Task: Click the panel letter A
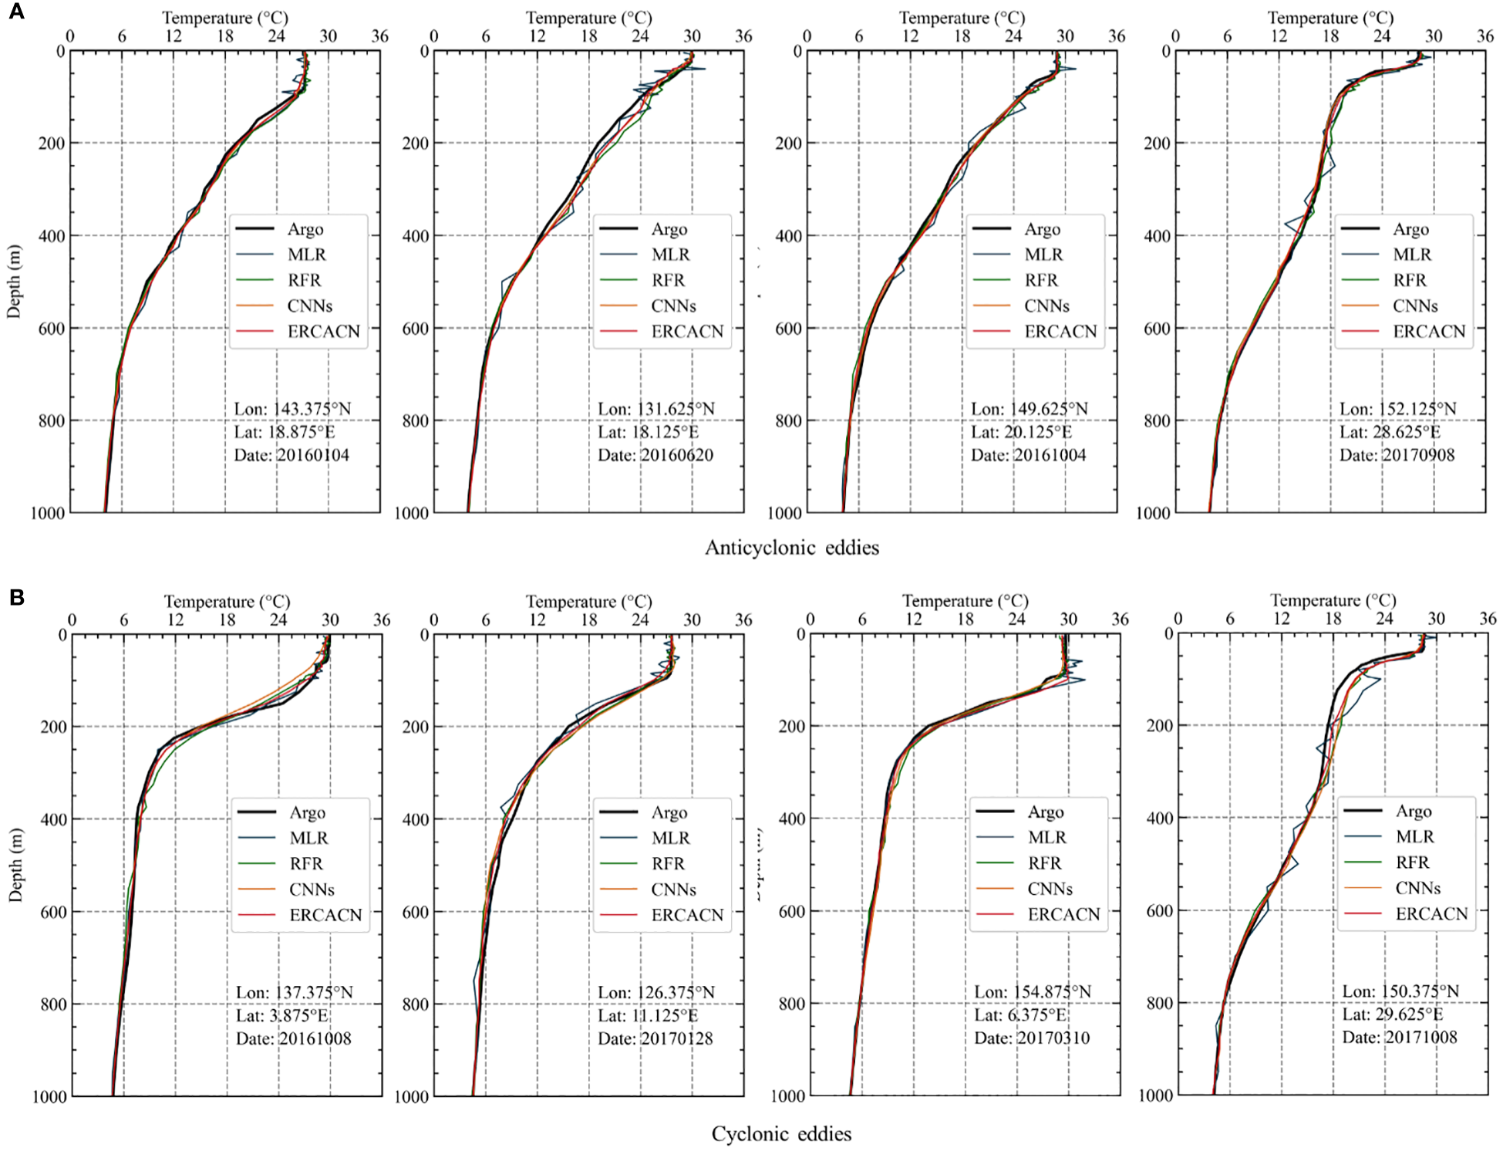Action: click(15, 12)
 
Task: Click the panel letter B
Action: click(16, 597)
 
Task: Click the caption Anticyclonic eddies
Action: click(792, 548)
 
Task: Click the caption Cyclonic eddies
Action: click(781, 1133)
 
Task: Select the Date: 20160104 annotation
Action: click(292, 455)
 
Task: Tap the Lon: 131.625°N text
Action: click(656, 409)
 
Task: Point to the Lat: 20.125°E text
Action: click(1021, 432)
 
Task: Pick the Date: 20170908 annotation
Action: click(1397, 455)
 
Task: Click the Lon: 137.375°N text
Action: click(295, 992)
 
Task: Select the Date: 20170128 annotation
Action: click(655, 1038)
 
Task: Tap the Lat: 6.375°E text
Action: click(1020, 1014)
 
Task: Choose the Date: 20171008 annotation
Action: click(1400, 1037)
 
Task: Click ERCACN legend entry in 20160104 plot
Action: click(323, 332)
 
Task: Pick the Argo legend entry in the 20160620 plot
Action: click(669, 229)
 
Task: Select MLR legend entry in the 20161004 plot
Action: click(1043, 255)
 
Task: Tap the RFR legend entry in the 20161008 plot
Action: click(306, 863)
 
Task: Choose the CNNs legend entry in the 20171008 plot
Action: click(1417, 888)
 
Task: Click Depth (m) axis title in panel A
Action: click(14, 282)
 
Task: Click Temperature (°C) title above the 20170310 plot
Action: click(965, 601)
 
